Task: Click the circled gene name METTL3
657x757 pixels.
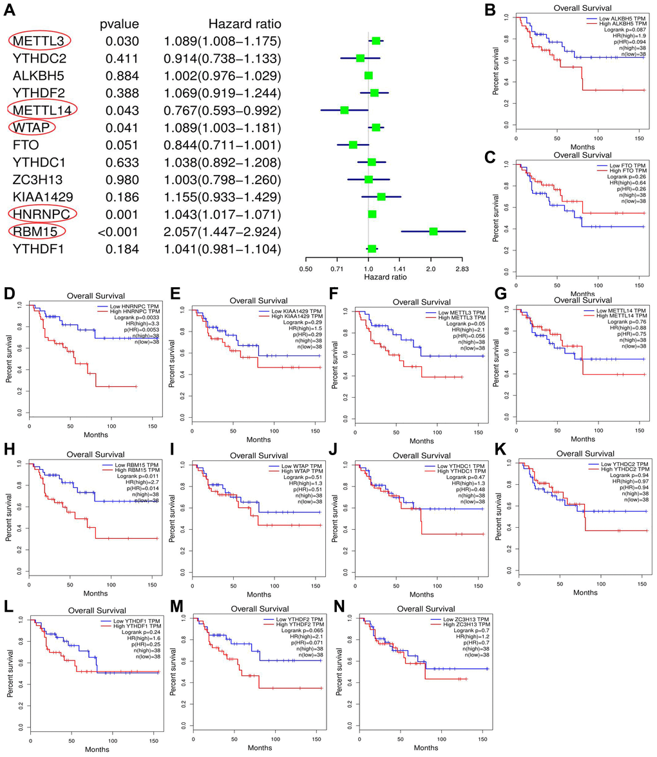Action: pyautogui.click(x=39, y=41)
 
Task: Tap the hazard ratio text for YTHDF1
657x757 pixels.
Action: pyautogui.click(x=222, y=248)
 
